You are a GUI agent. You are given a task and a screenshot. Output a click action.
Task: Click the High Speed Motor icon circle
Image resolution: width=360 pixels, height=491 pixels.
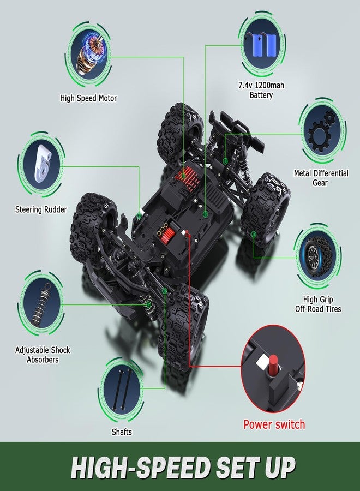88,56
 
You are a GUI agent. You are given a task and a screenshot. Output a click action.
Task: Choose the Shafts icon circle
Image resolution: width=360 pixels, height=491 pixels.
122,390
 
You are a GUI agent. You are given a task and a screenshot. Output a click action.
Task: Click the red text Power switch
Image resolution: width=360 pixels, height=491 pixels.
274,424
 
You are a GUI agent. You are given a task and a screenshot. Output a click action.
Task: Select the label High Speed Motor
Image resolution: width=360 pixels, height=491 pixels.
88,98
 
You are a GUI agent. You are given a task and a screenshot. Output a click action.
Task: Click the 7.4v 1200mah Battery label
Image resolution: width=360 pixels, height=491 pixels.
261,90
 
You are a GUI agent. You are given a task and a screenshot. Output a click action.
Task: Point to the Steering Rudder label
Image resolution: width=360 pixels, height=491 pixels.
41,209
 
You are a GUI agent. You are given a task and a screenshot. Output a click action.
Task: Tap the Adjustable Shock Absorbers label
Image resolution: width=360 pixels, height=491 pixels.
43,355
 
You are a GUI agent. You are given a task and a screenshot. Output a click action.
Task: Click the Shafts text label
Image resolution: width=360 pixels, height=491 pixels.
122,432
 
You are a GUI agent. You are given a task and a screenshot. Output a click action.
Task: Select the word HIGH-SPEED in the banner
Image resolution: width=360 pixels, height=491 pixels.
140,468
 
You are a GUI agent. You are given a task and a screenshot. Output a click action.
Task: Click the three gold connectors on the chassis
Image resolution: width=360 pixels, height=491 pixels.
163,230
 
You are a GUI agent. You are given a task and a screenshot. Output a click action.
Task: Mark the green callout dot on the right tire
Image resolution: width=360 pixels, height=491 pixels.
254,233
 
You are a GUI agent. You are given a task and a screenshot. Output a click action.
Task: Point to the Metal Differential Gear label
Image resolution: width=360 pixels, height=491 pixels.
321,177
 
